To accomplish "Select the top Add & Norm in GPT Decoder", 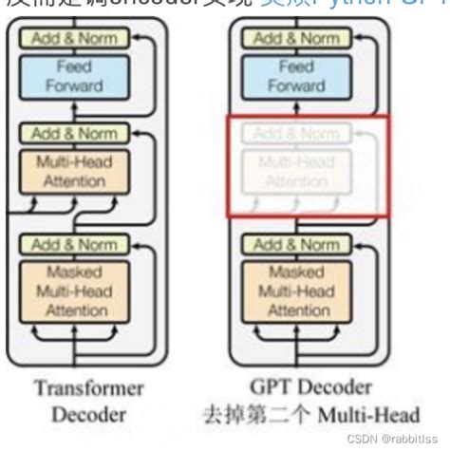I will click(x=296, y=38).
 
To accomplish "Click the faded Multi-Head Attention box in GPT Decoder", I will click(x=296, y=171).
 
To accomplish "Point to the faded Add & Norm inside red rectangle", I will click(x=296, y=134).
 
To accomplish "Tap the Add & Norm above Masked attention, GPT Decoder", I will click(x=296, y=245).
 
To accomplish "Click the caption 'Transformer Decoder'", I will click(x=88, y=402).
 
